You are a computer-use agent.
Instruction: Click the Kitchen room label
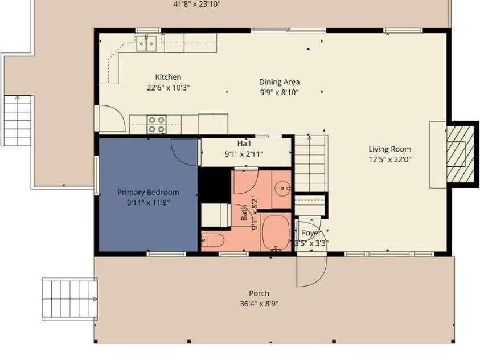tap(168, 77)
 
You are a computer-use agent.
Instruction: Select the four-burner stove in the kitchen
tap(157, 124)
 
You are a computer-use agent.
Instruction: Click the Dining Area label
tap(279, 82)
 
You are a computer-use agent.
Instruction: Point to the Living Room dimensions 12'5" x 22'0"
tap(389, 159)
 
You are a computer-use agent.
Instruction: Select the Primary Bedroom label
tap(148, 193)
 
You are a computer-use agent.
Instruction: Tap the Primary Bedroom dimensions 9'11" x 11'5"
tap(148, 202)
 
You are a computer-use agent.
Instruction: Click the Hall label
tap(244, 144)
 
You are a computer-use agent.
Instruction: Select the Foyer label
tap(311, 233)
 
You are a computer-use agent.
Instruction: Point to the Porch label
tap(259, 294)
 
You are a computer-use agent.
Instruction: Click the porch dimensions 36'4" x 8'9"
tap(259, 304)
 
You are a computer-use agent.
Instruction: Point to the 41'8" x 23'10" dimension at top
tap(197, 4)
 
